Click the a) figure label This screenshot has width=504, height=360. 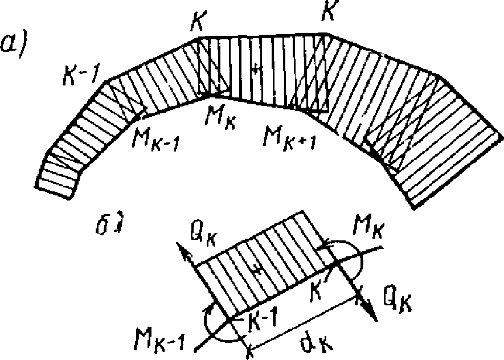tap(16, 43)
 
